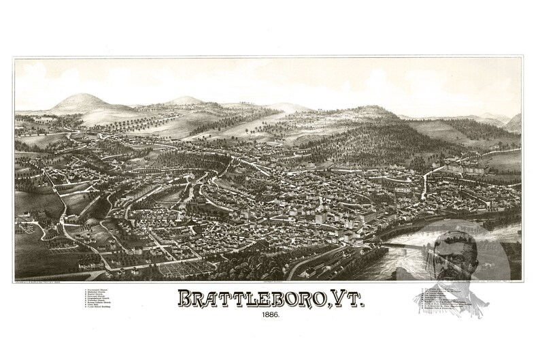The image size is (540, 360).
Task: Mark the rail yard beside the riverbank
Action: (320, 262)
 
